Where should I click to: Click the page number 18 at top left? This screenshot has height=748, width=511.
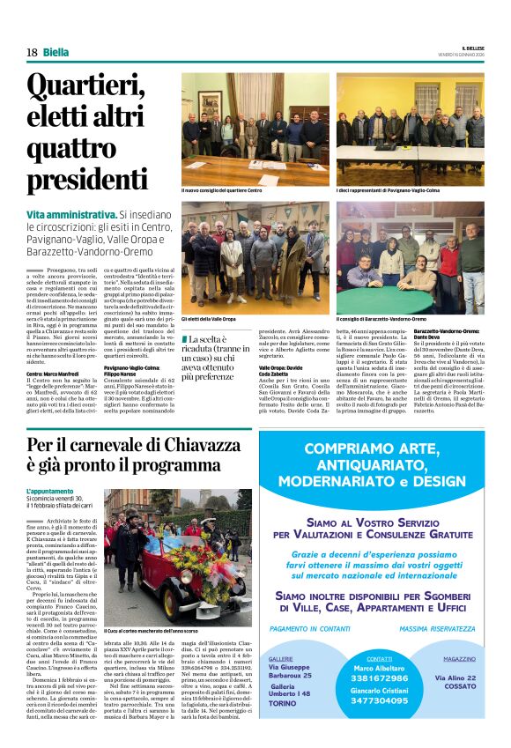tap(32, 52)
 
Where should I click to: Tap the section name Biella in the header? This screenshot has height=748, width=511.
tap(56, 52)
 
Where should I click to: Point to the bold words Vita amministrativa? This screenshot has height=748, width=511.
tap(71, 214)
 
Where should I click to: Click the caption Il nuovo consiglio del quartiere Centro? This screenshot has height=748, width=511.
tap(222, 189)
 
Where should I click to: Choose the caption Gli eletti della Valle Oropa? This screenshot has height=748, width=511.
tap(208, 318)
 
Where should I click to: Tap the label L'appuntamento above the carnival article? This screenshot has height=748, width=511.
tap(50, 491)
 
